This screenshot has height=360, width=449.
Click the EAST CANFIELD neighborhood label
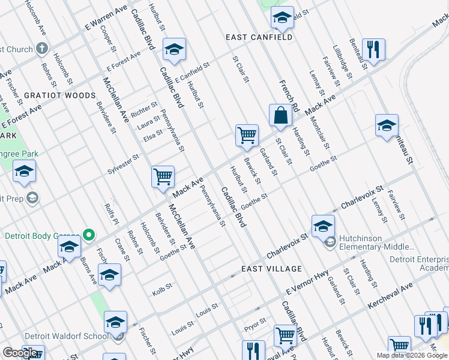pos(259,37)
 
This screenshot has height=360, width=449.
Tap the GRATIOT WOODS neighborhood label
pos(59,95)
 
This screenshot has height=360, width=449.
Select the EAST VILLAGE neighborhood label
pos(271,269)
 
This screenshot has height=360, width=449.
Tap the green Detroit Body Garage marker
pos(89,235)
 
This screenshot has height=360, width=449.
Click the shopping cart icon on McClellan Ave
pos(163,177)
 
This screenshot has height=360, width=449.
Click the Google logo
pos(20,353)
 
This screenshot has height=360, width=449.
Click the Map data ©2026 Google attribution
pos(412,355)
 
